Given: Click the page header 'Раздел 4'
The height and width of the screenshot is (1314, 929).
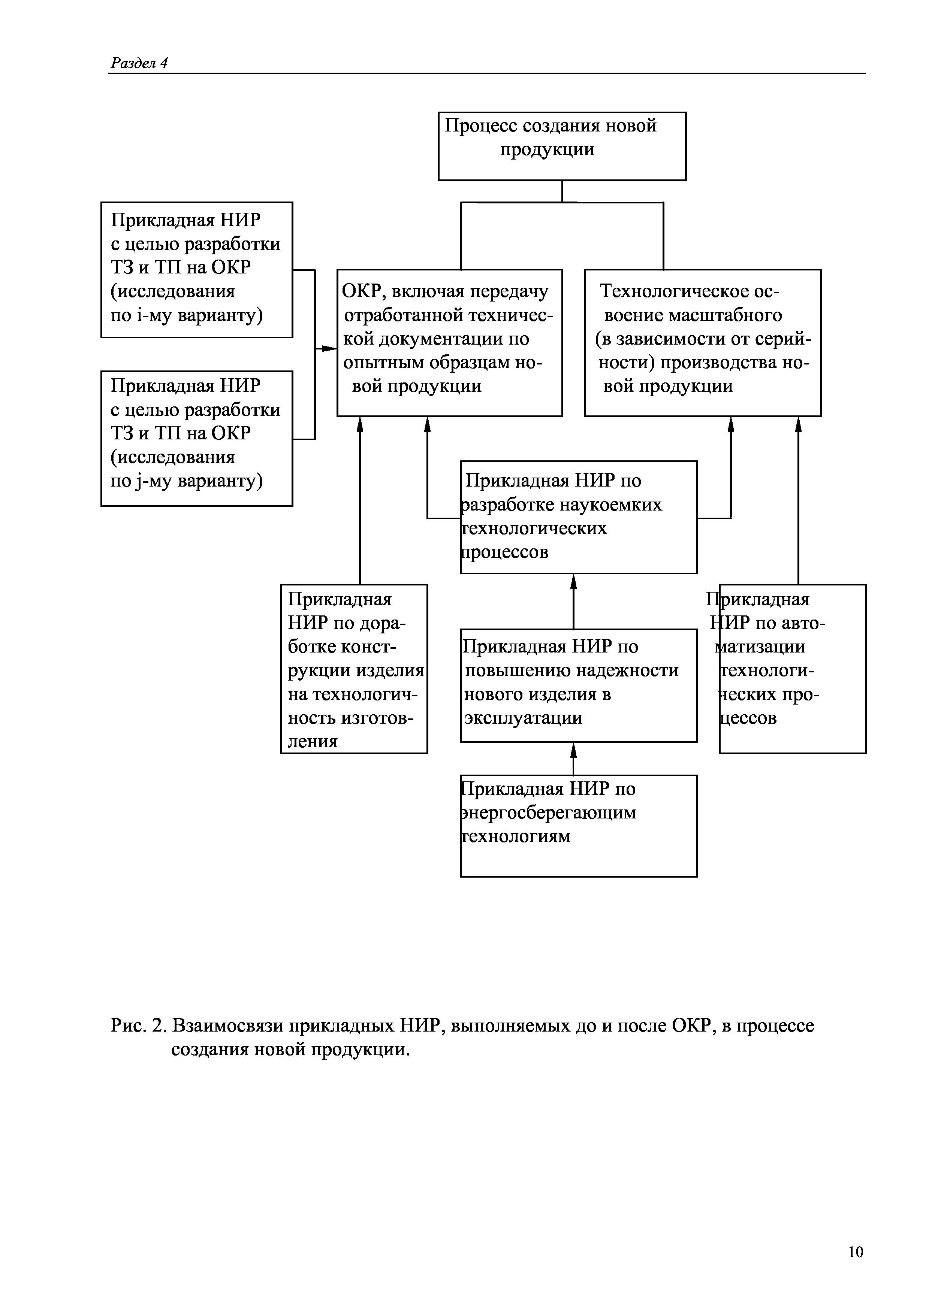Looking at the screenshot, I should (x=139, y=63).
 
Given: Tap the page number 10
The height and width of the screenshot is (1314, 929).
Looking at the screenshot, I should (x=855, y=1251).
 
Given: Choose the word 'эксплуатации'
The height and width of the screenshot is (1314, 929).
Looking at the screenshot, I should (x=523, y=718).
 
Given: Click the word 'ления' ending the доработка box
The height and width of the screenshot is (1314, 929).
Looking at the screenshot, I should (x=313, y=742).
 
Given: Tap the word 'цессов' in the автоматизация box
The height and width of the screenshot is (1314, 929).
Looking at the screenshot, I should (x=749, y=718).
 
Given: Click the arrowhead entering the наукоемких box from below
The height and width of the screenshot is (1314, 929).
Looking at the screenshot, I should (x=573, y=581).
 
